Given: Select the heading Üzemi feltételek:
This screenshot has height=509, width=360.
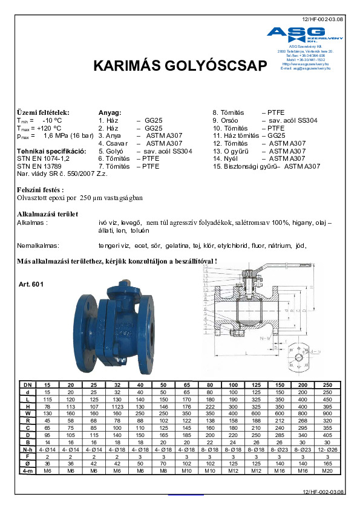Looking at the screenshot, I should tap(43, 112).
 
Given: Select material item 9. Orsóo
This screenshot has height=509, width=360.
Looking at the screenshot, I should tap(227, 120).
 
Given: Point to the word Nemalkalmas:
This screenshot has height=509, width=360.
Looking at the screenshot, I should tap(38, 246).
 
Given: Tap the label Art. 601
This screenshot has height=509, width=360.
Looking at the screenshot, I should tap(31, 284).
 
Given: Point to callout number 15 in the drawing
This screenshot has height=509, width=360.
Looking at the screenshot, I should tap(205, 267).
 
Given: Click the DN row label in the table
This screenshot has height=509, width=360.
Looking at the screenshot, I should tap(26, 385).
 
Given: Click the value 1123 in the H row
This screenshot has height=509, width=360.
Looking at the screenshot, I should tap(117, 407).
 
